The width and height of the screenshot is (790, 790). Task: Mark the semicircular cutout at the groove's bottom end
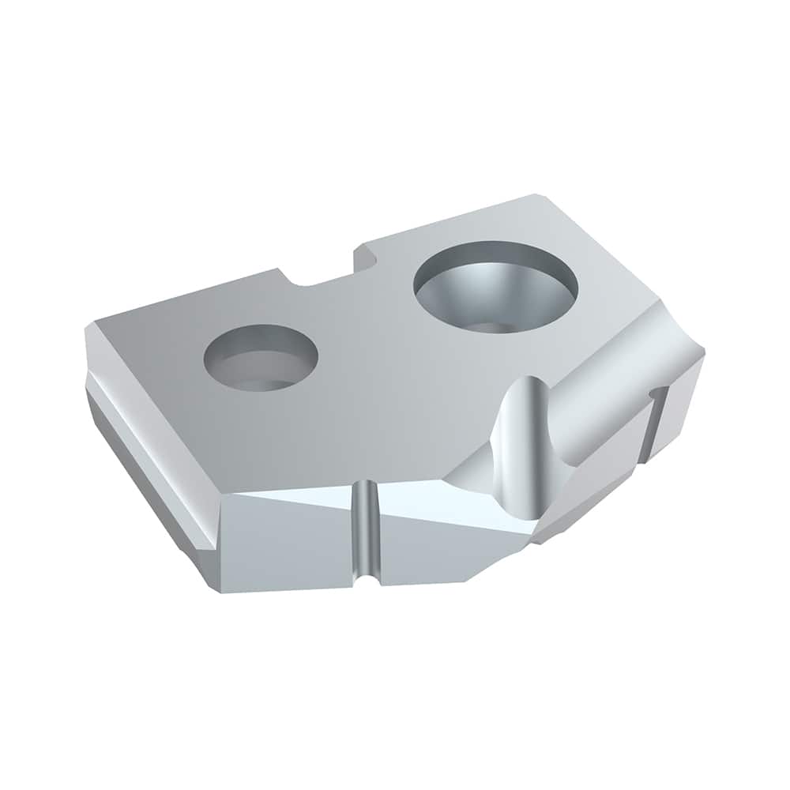(x=363, y=581)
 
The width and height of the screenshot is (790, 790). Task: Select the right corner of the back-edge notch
(x=359, y=249)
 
